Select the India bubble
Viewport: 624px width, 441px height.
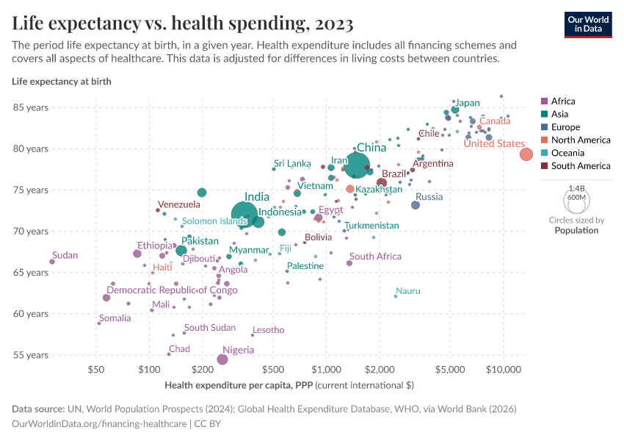tap(244, 213)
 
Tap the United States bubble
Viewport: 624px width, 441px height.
tap(526, 154)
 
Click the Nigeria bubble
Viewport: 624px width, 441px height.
tap(222, 359)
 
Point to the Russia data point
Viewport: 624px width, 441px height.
tap(416, 205)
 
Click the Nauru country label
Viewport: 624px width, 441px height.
tap(408, 291)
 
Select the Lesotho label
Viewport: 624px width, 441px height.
tap(268, 330)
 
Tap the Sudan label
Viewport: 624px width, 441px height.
tap(65, 256)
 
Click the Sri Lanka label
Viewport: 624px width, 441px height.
tap(292, 163)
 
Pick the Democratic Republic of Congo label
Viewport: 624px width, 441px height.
tap(173, 290)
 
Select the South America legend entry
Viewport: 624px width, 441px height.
tap(575, 166)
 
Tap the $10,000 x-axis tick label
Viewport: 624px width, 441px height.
tap(504, 369)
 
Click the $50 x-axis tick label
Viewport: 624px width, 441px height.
tap(95, 369)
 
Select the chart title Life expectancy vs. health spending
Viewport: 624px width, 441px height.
tap(183, 24)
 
